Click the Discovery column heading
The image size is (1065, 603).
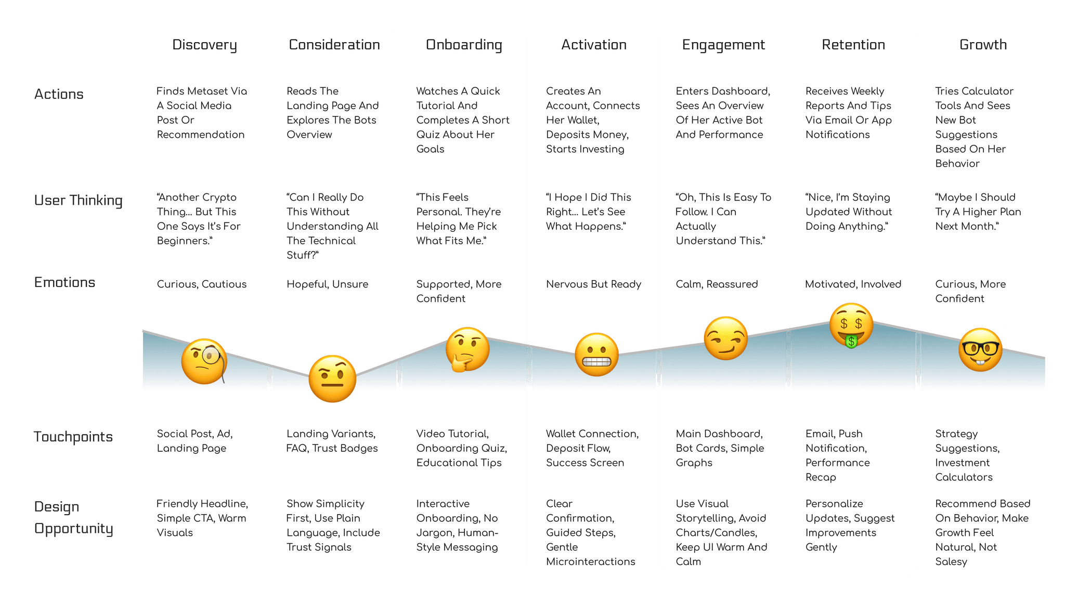[x=204, y=45]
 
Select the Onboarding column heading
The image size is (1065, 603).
[x=464, y=45]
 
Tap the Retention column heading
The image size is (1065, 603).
[x=853, y=45]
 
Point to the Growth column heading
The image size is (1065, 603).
[x=983, y=45]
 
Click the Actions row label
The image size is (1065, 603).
[x=59, y=94]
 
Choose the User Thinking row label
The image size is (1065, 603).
[x=79, y=200]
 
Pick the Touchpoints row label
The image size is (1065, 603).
[x=73, y=437]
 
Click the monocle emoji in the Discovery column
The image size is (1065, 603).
[x=204, y=361]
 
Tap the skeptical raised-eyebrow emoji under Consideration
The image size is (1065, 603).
[x=332, y=379]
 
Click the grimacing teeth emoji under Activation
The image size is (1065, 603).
[x=596, y=355]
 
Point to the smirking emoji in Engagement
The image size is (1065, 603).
[x=725, y=338]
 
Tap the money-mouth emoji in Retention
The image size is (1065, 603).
[x=851, y=325]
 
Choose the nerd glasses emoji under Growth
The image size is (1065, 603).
[x=980, y=349]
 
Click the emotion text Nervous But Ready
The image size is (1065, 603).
[x=593, y=284]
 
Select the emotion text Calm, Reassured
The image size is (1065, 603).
[x=717, y=284]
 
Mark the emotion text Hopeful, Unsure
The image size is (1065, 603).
[x=327, y=284]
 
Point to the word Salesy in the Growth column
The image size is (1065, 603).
[x=951, y=561]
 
